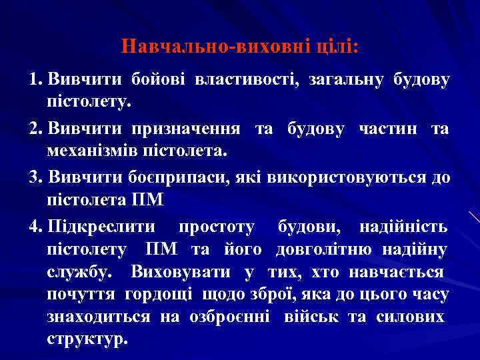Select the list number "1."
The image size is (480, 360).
point(36,81)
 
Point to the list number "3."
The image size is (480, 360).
point(37,178)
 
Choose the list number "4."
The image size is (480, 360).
point(36,227)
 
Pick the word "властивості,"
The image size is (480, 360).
point(246,81)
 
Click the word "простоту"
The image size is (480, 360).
point(217,227)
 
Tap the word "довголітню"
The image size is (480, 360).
point(325,250)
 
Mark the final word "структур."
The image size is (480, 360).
point(87,337)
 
